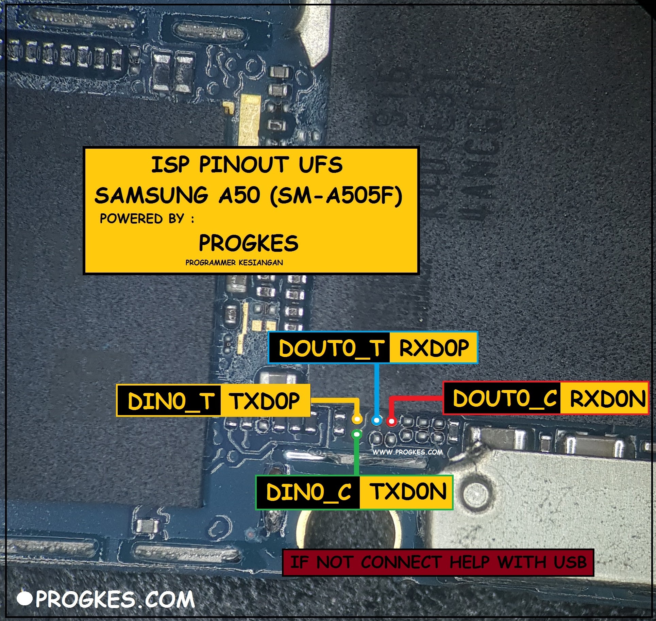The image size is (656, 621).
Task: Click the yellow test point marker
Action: coord(357,419)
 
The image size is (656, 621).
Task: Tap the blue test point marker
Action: coord(376,421)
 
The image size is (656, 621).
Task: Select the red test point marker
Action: coord(391,422)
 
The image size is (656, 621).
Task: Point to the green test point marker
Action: coord(357,434)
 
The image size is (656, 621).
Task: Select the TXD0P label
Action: coord(265,401)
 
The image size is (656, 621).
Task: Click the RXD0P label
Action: coord(434,348)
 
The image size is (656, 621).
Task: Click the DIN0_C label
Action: coord(309,492)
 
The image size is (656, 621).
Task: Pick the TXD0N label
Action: coord(408,492)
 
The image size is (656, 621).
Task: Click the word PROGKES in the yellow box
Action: coord(249,243)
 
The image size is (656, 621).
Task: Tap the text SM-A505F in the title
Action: coord(336,196)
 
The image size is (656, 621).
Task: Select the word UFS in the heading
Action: coord(321,165)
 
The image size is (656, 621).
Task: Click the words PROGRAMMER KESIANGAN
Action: coord(234,262)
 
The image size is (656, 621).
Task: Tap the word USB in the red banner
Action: coord(570,562)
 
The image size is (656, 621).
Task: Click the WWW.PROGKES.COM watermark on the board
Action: coord(407,452)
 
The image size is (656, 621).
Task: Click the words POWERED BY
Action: coord(142,218)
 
